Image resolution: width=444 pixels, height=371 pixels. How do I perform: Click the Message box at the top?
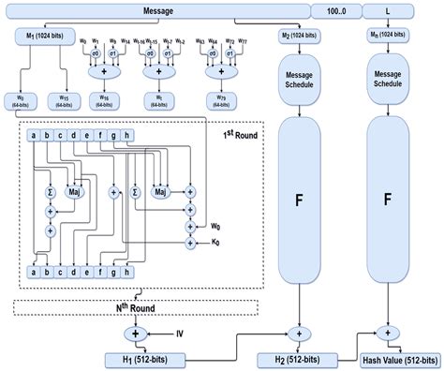[x=157, y=11]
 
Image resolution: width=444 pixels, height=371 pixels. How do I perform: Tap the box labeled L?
[x=389, y=11]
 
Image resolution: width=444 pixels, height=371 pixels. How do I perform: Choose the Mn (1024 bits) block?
[x=388, y=36]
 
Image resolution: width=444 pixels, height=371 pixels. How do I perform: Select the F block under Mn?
[x=388, y=200]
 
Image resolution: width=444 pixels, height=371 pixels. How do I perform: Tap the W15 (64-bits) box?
[x=81, y=96]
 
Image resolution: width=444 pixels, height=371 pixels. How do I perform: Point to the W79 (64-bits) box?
[x=216, y=96]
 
